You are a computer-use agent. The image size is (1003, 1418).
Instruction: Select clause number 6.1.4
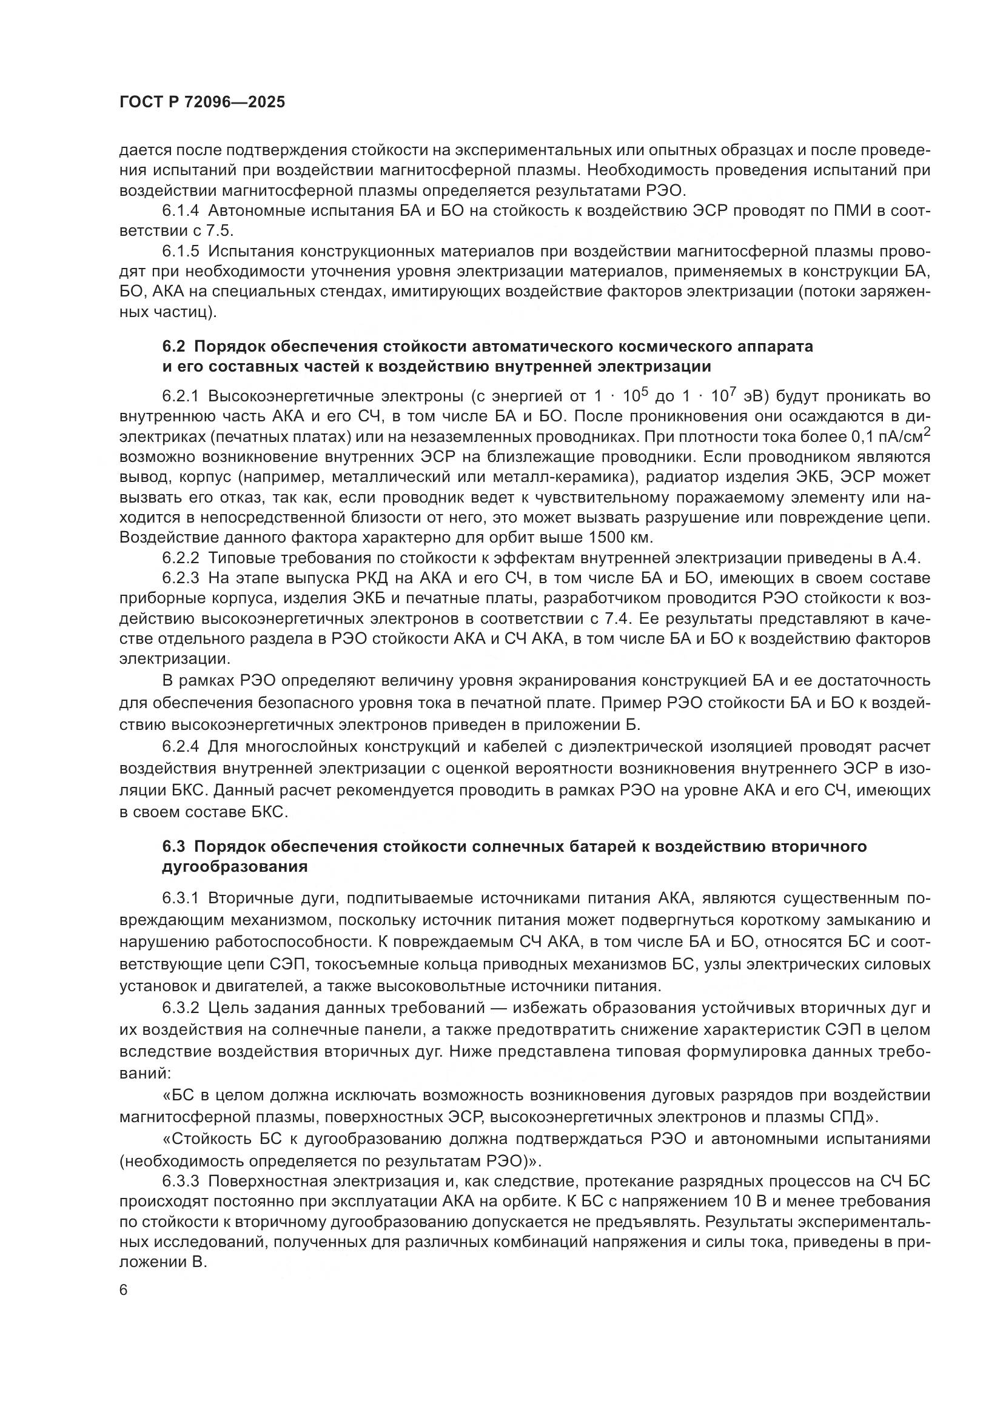tap(180, 211)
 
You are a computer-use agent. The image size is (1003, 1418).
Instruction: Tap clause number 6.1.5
tap(180, 252)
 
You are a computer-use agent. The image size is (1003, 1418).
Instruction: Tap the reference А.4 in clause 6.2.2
tap(905, 558)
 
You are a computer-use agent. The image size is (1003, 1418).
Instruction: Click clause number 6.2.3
tap(180, 579)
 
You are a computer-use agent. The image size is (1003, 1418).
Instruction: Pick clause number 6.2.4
tap(180, 747)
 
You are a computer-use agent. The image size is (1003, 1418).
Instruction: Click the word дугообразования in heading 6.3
tap(235, 866)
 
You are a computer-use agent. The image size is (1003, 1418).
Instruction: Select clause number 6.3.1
tap(180, 897)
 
